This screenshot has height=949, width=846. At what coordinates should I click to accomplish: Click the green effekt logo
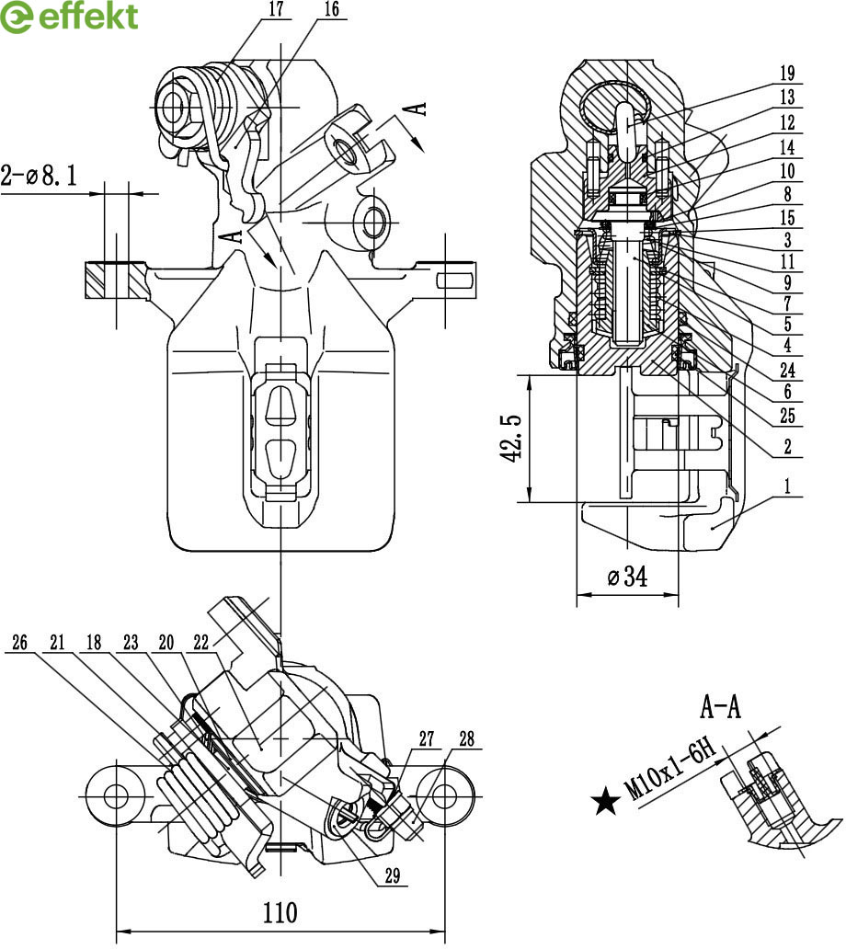69,17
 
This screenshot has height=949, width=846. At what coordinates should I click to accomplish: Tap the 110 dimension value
280,912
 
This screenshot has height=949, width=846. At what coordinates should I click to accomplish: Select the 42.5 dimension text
511,438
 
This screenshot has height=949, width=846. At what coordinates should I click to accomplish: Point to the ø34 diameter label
627,576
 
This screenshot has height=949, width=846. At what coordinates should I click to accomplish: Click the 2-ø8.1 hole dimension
40,176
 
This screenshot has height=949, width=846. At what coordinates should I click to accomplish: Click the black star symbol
605,801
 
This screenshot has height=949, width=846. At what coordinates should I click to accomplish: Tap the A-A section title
720,705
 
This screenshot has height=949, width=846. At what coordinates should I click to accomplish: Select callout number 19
787,74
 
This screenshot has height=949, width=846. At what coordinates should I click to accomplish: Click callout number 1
787,486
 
